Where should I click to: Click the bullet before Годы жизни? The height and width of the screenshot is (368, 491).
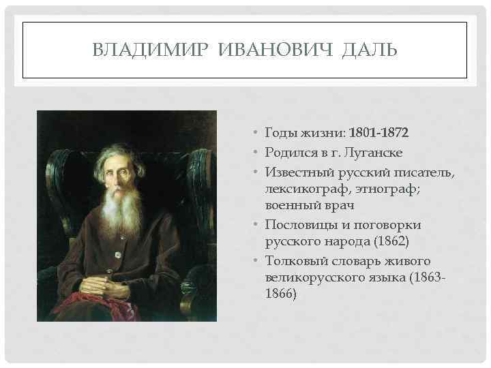[252, 132]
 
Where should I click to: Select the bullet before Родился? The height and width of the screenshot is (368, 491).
[252, 151]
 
